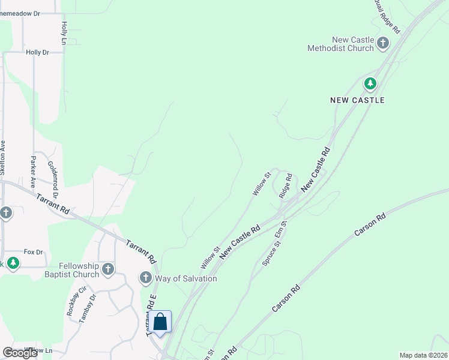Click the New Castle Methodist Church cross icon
point(383,43)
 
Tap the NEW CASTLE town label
point(357,100)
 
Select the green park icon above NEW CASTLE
point(370,83)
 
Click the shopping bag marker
point(160,322)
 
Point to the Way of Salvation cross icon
point(145,278)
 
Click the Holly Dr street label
point(37,53)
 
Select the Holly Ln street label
point(64,34)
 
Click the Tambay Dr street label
point(88,308)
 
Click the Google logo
point(20,353)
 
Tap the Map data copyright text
point(423,355)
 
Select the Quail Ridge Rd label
point(387,16)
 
